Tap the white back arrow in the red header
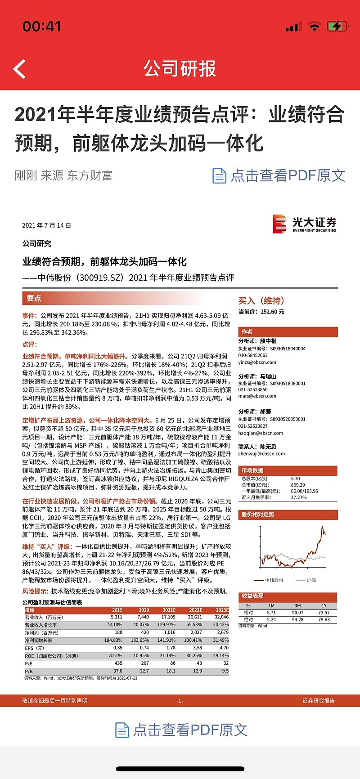click(x=19, y=69)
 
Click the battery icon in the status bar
click(x=337, y=27)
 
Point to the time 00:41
click(x=41, y=27)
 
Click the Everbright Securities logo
click(x=304, y=224)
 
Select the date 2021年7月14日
click(x=47, y=225)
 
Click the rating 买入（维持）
click(x=261, y=300)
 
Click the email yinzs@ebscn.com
click(x=257, y=362)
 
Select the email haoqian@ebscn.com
click(x=261, y=433)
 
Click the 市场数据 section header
click(x=252, y=470)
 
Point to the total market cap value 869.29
click(x=298, y=485)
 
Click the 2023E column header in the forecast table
click(x=221, y=610)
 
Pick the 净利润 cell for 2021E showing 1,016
click(x=170, y=632)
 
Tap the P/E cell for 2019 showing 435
click(x=118, y=663)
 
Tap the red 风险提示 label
click(x=36, y=591)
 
